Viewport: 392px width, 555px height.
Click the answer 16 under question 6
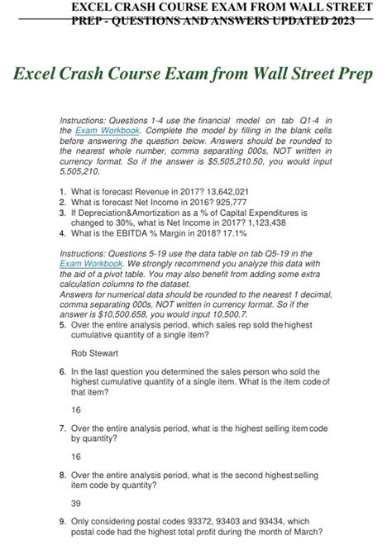coord(77,409)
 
